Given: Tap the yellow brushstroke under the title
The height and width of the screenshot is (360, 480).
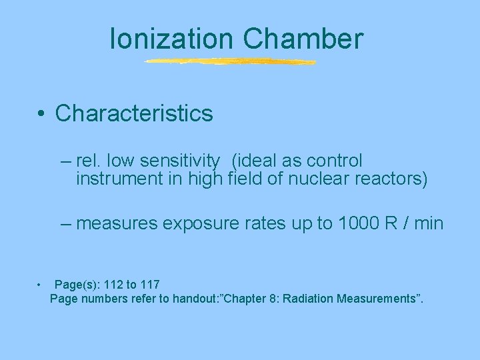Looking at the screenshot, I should pos(231,62).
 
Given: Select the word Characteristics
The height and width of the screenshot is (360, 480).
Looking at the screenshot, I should pos(134,113).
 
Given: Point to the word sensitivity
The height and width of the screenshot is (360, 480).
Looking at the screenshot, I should pos(179,161).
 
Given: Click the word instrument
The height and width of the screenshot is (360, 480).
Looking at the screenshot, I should pos(112,179).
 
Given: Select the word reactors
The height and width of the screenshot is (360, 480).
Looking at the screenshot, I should pos(389,179).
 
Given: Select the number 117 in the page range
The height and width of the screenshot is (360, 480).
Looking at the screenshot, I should pos(149,285).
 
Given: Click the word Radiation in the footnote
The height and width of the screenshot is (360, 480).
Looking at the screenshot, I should pos(307,299).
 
